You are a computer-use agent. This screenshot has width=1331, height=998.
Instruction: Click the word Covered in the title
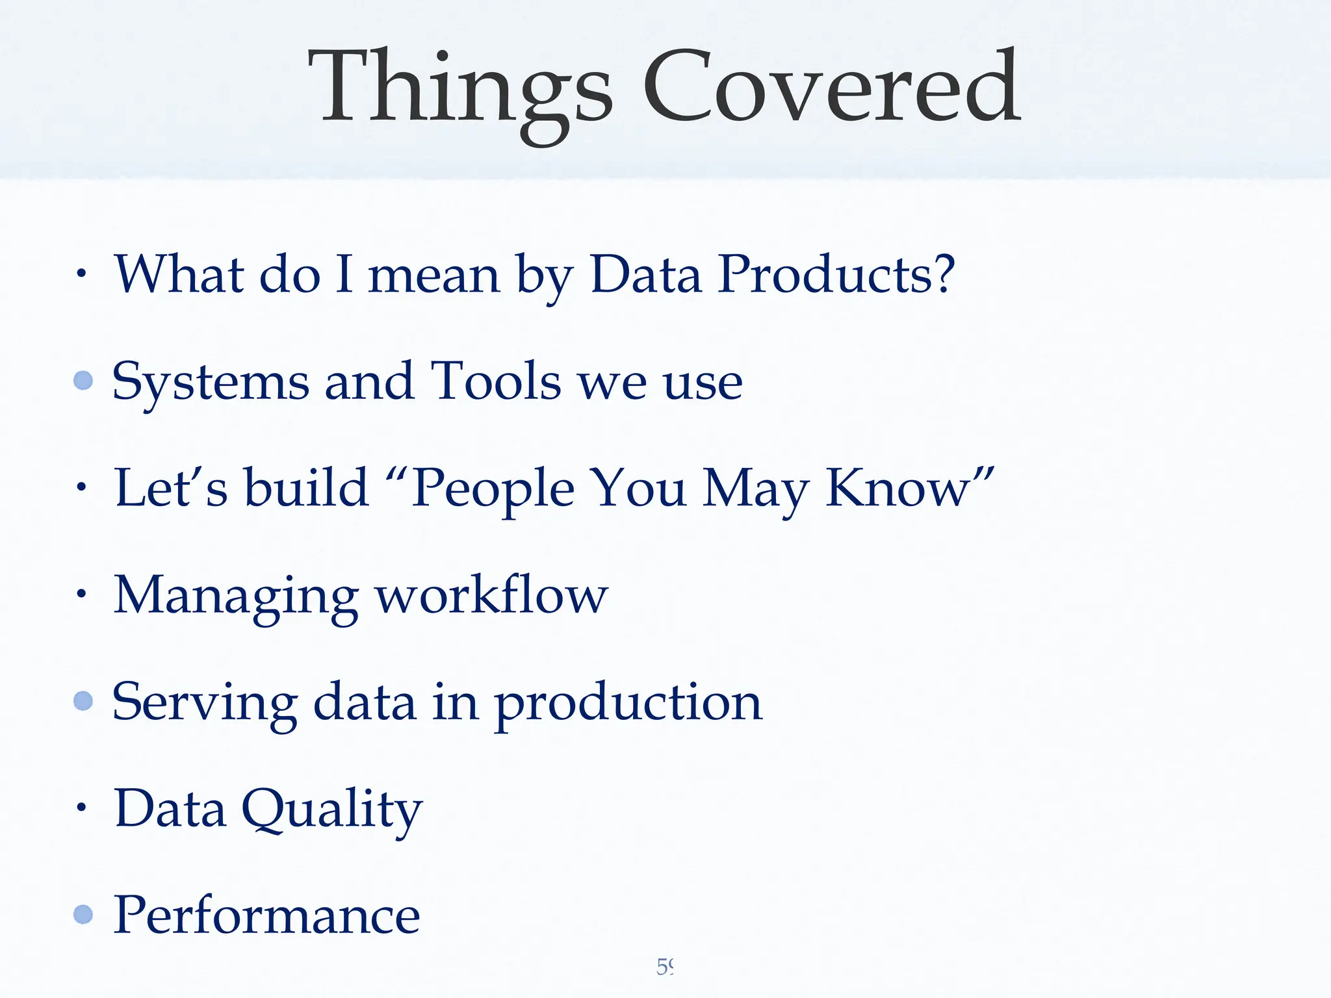point(832,88)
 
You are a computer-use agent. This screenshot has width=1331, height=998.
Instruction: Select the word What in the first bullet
point(179,275)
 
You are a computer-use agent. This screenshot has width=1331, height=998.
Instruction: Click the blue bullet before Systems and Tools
point(83,380)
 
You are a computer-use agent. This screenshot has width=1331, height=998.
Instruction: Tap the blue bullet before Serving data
point(83,700)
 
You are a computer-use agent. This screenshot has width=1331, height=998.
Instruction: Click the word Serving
point(205,704)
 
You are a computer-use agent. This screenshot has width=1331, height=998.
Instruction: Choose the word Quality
point(332,810)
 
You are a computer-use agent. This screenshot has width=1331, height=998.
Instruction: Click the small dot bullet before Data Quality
point(81,808)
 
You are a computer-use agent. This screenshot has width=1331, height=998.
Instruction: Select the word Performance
point(266,915)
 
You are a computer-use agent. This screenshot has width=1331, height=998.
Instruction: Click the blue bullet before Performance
point(83,914)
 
